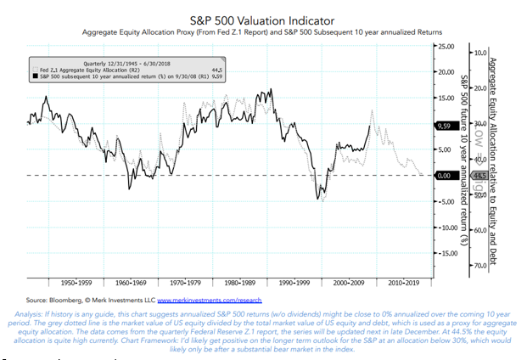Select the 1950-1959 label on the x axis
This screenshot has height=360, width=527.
[x=65, y=281]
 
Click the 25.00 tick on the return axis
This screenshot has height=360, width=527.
[x=445, y=46]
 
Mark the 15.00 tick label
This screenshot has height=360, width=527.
[x=445, y=98]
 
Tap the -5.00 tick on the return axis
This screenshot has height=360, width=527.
[x=445, y=202]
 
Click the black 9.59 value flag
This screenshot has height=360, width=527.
[x=445, y=126]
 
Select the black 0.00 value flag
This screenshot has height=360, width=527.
[x=445, y=176]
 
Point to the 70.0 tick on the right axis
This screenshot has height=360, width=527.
[x=480, y=266]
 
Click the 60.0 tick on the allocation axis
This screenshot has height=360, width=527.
[x=480, y=230]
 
